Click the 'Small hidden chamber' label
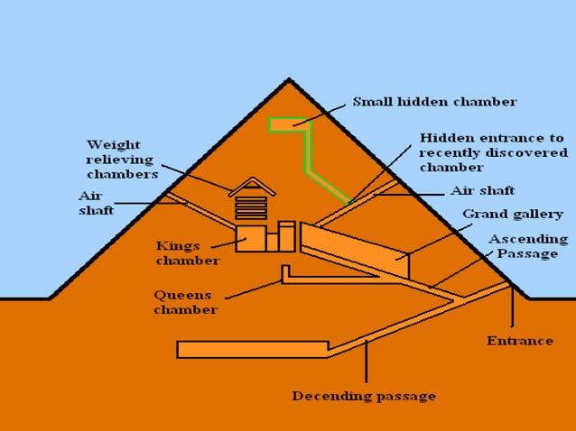433,102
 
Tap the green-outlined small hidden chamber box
287,124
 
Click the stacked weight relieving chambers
251,208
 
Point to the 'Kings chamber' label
186,252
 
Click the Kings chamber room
250,239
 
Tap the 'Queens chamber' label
184,302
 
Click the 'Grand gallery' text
512,215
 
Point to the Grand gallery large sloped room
352,247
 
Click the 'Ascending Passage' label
529,246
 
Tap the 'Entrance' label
519,341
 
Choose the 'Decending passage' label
363,396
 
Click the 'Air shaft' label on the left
95,203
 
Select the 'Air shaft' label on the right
482,191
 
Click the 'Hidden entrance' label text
491,139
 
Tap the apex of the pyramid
288,80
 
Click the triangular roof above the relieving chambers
251,185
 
